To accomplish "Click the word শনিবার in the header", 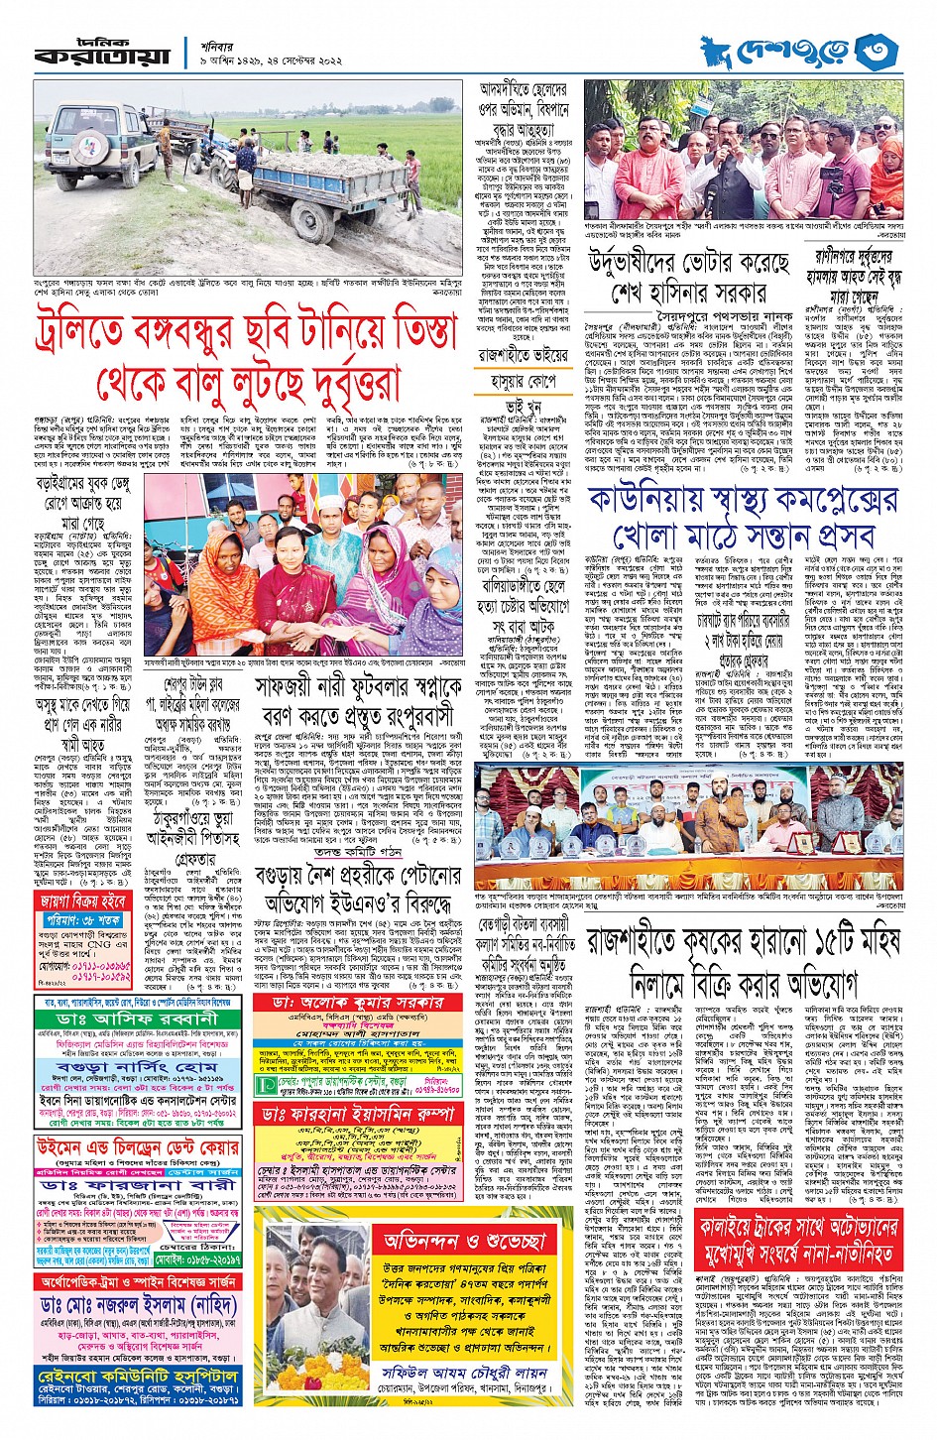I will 225,41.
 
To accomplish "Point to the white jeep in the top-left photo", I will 99,148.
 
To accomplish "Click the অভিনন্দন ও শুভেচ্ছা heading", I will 465,1241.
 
